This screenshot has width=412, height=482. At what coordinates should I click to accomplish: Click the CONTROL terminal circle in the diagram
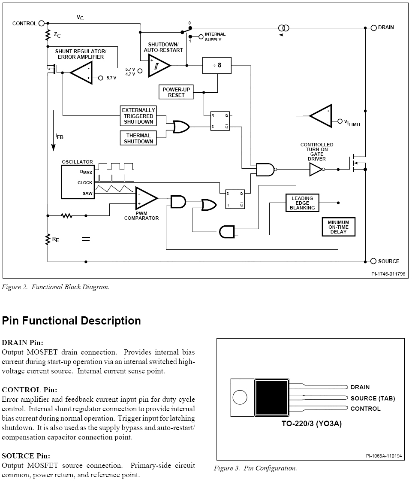42,23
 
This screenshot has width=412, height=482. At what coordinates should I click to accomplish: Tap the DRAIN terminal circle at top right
373,27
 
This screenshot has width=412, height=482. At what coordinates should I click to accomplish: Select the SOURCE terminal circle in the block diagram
373,261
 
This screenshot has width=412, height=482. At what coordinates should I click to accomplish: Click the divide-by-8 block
217,65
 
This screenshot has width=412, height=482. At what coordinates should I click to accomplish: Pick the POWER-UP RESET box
176,92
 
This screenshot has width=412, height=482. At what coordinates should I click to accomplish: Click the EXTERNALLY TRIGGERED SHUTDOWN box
138,116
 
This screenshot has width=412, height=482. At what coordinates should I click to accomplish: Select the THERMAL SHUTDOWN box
138,138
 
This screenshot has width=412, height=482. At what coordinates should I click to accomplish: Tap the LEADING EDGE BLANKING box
302,203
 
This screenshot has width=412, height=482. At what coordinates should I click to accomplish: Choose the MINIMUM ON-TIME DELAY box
338,227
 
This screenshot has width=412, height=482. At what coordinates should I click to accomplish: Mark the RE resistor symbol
48,239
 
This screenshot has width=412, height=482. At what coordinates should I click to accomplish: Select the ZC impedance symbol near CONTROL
48,34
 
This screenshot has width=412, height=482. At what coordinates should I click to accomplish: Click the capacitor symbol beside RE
86,239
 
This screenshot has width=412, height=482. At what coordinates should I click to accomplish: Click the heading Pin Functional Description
71,321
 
